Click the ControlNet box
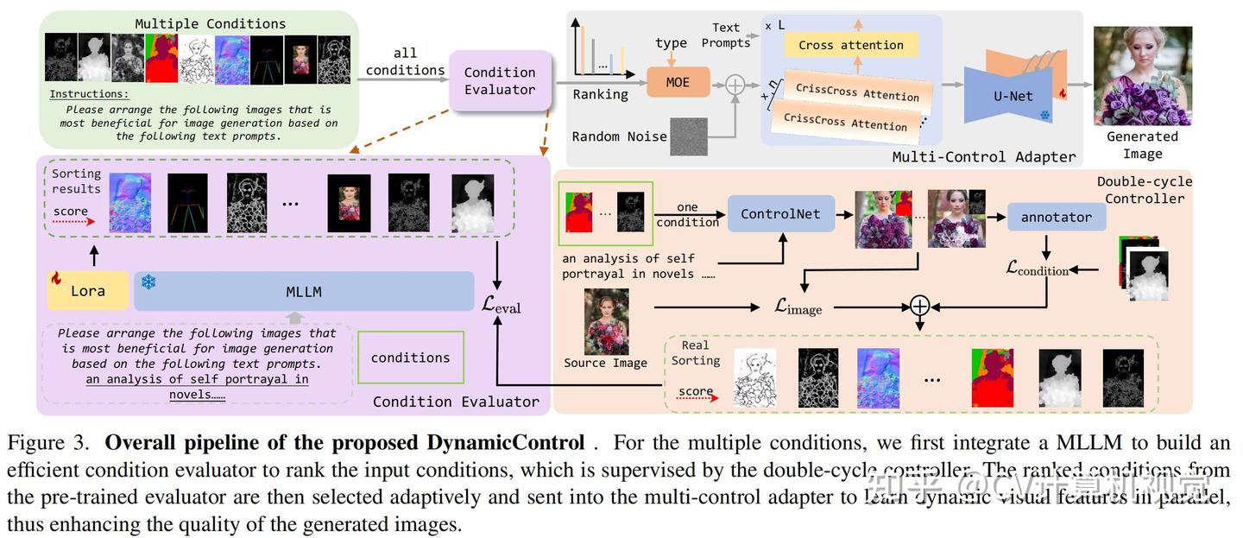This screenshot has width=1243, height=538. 780,213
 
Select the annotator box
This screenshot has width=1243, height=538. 1057,217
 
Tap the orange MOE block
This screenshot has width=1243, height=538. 678,82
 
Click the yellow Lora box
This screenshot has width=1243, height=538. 88,291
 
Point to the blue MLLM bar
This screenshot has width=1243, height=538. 304,291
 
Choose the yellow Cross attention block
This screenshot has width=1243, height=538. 850,45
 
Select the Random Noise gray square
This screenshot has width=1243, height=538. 688,137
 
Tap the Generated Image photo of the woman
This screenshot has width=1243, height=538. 1142,75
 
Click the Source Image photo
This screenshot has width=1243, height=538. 606,320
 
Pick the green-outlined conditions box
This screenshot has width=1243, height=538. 410,358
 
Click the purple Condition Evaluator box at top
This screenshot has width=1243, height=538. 500,81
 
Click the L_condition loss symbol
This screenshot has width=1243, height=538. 1038,269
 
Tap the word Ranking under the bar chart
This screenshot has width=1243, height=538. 600,94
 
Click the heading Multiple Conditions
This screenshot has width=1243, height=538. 210,23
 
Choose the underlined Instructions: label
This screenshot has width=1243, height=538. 89,93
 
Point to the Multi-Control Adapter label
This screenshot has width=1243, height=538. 984,156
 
